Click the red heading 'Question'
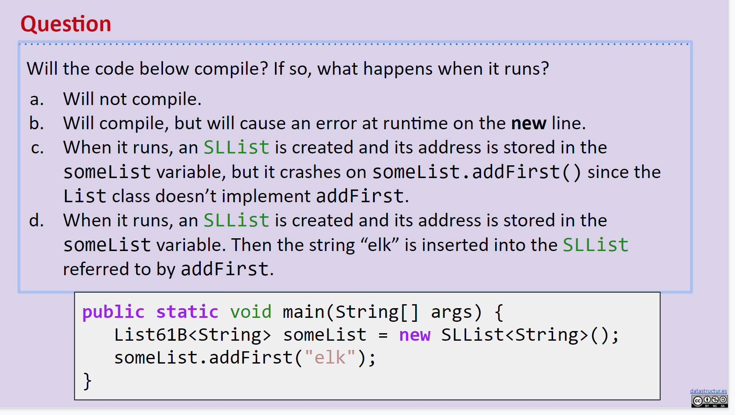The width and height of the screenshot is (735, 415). click(x=66, y=24)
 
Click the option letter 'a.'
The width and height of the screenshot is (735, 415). click(x=37, y=100)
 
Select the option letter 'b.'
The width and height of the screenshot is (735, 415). click(x=37, y=124)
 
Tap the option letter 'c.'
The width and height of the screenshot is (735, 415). click(x=37, y=148)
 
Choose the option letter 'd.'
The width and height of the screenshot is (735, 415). click(x=37, y=221)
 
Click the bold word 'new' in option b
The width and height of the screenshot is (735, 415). click(x=529, y=124)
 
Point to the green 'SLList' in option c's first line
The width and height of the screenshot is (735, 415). click(x=236, y=148)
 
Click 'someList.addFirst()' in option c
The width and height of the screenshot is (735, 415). click(x=477, y=172)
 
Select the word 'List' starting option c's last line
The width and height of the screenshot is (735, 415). click(x=85, y=197)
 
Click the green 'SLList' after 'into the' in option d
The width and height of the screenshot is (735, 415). click(x=595, y=245)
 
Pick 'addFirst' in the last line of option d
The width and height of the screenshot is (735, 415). click(x=224, y=269)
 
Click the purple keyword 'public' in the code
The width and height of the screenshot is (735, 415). click(x=113, y=312)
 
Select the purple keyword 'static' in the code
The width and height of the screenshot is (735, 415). click(x=187, y=312)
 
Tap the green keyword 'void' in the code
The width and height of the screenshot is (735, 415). click(x=251, y=312)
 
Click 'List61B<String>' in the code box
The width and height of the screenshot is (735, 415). click(x=192, y=335)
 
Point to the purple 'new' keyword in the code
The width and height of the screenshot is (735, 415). click(x=414, y=335)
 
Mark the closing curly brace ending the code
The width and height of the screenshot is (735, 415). click(x=87, y=381)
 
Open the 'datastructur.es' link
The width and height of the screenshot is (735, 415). click(x=708, y=391)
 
